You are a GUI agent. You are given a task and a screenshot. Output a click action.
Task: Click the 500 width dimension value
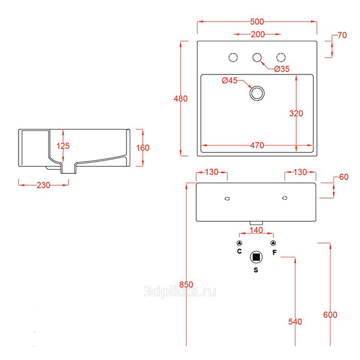(x=257, y=22)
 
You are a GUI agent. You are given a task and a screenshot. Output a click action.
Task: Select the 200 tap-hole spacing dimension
(x=258, y=34)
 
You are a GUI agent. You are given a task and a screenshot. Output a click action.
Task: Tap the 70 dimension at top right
(x=342, y=35)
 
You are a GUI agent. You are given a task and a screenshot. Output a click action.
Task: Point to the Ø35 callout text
(x=282, y=70)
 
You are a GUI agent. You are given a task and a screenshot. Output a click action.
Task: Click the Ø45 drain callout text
(x=230, y=81)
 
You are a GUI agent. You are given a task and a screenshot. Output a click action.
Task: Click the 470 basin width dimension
(x=257, y=145)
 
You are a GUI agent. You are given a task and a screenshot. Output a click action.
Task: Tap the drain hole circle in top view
(x=257, y=93)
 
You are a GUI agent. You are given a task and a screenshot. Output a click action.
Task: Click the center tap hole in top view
(x=257, y=58)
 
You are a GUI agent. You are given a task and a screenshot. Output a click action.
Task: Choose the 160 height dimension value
(x=142, y=148)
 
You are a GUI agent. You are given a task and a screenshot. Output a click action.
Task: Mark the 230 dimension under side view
(x=43, y=185)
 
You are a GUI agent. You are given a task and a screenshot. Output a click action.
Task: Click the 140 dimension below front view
(x=256, y=230)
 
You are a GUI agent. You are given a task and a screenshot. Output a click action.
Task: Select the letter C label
(x=239, y=252)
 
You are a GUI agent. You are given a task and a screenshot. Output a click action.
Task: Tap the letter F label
(x=274, y=252)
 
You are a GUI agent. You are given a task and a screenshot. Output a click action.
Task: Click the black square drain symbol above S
(x=257, y=257)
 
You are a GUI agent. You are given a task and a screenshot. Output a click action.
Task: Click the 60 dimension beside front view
(x=343, y=177)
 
